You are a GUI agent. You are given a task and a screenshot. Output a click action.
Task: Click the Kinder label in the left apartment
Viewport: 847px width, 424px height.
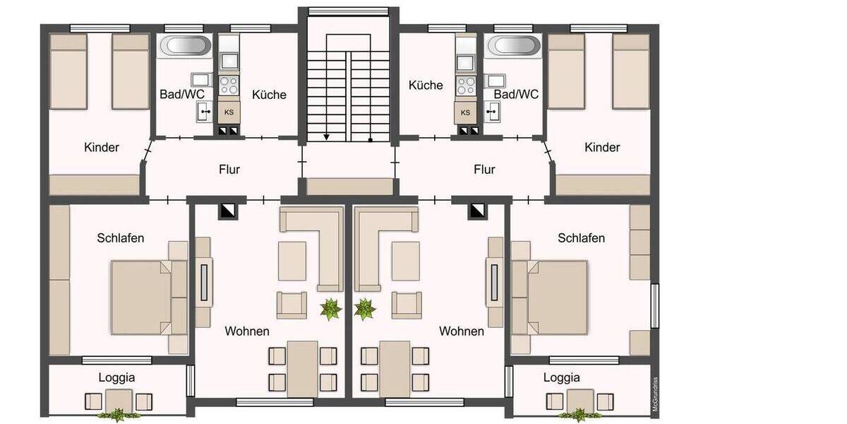click(102, 148)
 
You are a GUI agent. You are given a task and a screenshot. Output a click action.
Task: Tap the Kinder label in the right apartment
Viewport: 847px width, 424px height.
click(602, 148)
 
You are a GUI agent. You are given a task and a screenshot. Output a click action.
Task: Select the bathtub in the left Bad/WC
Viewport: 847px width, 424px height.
click(186, 47)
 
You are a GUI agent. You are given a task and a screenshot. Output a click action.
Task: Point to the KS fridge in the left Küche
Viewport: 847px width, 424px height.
click(229, 112)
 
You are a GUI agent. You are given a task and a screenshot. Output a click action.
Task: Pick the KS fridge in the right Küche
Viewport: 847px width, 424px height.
click(465, 112)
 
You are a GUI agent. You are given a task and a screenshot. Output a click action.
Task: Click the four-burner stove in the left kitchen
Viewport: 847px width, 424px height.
click(229, 86)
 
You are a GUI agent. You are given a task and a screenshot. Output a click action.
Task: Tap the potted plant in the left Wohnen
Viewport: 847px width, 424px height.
click(330, 309)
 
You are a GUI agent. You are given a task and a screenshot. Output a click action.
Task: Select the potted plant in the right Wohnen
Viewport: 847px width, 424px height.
click(365, 309)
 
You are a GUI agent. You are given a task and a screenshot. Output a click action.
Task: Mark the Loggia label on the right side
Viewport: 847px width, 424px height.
click(562, 377)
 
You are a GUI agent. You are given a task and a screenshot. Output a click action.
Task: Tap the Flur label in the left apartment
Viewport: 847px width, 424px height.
click(229, 170)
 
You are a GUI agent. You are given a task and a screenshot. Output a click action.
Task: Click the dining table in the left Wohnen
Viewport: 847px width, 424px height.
click(302, 368)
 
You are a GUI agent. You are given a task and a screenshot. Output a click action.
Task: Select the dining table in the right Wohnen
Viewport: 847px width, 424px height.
click(395, 368)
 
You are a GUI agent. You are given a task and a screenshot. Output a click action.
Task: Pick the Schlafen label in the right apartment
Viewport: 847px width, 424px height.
click(581, 238)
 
